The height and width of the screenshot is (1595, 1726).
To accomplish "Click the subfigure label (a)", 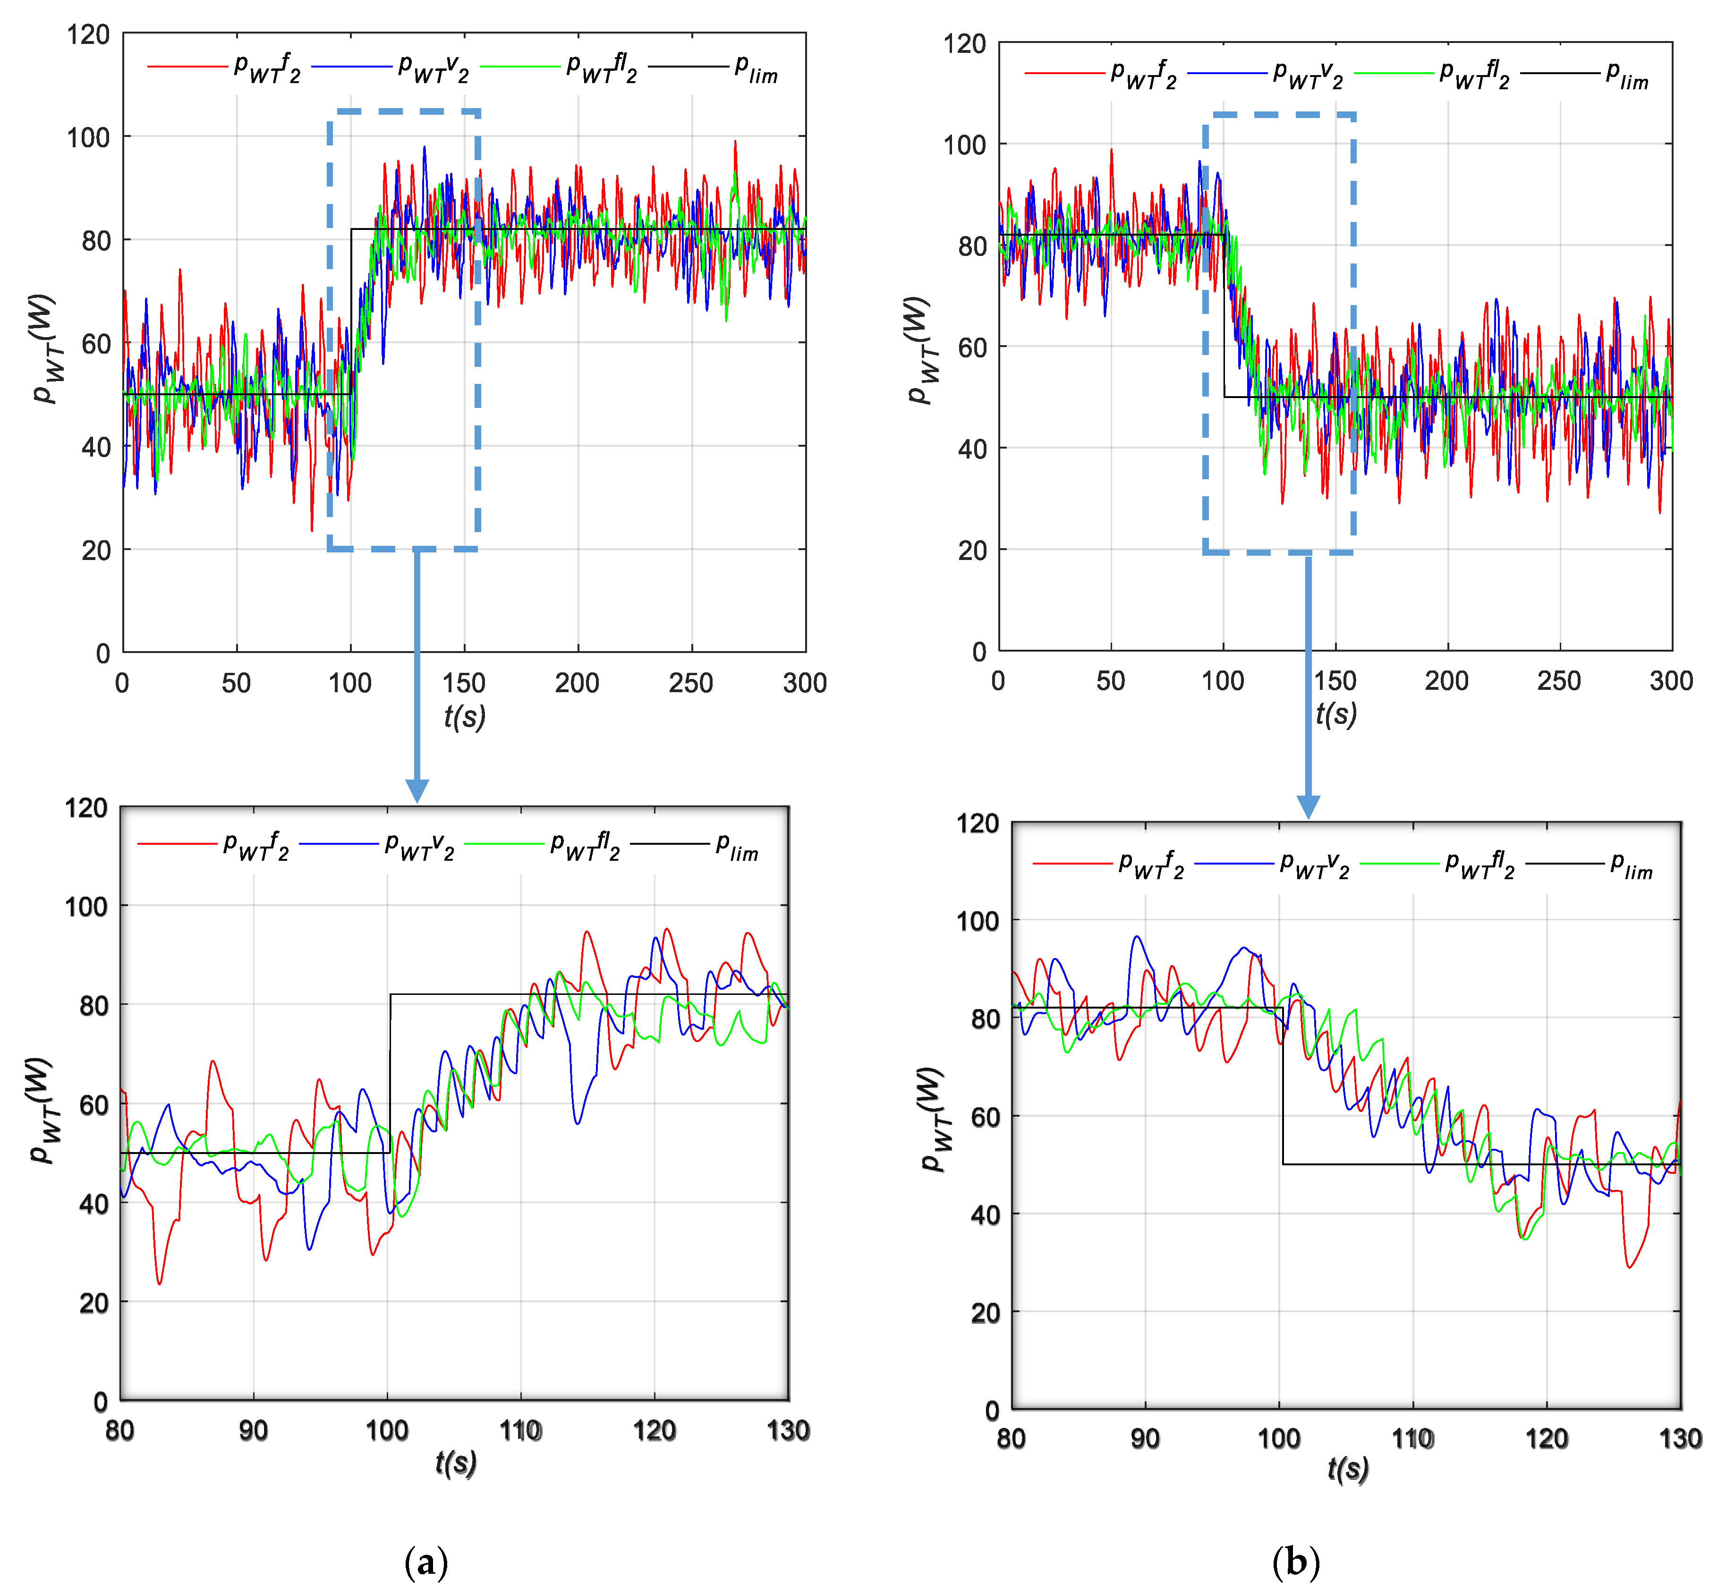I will click(x=425, y=1561).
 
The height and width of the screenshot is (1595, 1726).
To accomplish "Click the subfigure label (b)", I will click(x=1295, y=1561).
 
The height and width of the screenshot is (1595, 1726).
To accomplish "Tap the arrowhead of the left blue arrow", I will click(x=417, y=790).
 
